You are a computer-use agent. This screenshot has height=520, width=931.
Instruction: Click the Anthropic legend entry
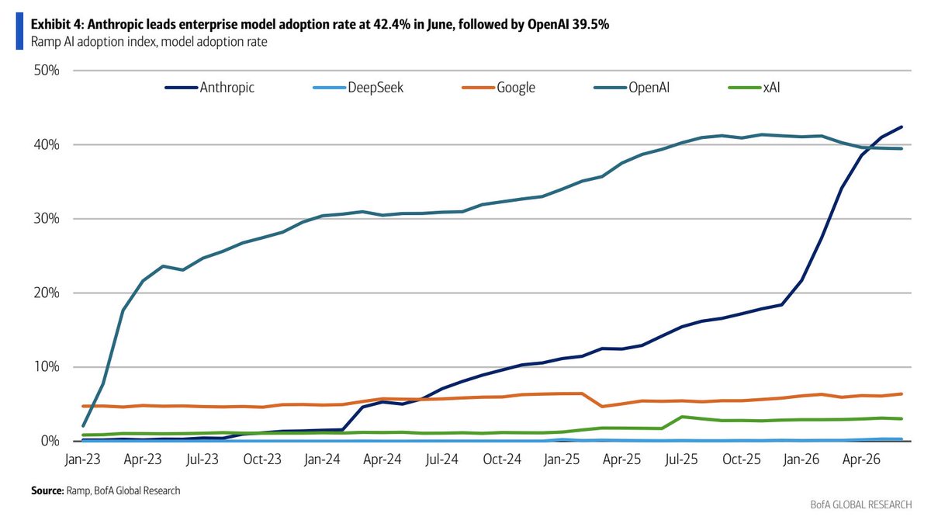209,87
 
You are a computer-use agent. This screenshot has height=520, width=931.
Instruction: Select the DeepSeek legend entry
358,87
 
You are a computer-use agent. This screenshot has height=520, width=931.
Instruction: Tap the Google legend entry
498,88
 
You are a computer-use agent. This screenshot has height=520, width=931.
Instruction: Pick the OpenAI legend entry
632,87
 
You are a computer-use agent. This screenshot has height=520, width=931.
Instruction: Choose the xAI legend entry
754,87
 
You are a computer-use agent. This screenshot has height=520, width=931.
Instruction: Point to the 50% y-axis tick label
47,71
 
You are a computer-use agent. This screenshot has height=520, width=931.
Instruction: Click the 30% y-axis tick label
47,219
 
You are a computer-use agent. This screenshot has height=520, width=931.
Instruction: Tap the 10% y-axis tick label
47,366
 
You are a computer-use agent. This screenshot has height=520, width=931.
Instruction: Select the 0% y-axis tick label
50,441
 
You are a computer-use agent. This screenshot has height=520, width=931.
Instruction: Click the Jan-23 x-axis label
83,459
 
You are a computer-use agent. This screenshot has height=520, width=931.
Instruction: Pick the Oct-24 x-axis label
502,459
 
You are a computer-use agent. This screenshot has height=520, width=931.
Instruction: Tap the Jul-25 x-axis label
681,459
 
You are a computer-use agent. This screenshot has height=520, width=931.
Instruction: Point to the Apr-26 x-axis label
861,459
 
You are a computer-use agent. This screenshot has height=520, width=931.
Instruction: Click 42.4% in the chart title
392,25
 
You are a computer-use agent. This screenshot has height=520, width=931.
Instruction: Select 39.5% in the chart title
590,25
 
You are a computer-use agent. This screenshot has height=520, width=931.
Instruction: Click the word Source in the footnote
48,491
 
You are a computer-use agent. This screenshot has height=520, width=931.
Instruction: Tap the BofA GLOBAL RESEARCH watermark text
860,504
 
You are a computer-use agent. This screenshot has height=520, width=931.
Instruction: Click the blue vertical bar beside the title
19,31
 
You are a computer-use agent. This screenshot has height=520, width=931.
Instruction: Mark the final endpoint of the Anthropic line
902,127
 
